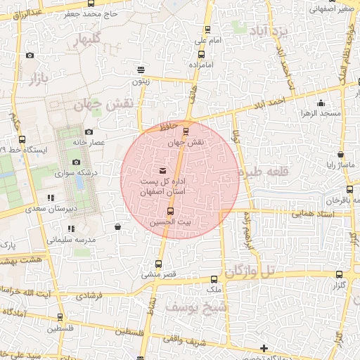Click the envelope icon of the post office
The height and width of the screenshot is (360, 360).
pyautogui.click(x=163, y=171)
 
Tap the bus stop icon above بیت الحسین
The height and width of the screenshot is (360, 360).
pyautogui.click(x=169, y=211)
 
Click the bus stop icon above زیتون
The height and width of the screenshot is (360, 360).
pyautogui.click(x=141, y=70)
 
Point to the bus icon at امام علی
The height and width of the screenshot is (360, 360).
pyautogui.click(x=207, y=30)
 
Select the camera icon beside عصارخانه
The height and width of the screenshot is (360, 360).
pyautogui.click(x=89, y=131)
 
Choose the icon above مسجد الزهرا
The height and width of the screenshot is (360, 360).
pyautogui.click(x=321, y=103)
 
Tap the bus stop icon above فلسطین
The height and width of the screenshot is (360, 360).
pyautogui.click(x=60, y=317)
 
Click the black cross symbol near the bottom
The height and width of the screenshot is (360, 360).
pyautogui.click(x=264, y=348)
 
